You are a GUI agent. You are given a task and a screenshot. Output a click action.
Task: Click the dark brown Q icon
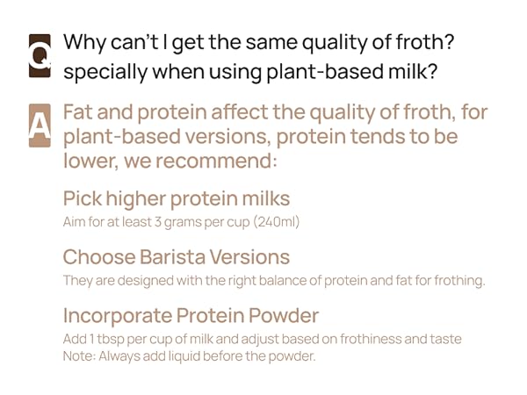[x=40, y=55]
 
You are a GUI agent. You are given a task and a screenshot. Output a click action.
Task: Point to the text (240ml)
[x=276, y=222]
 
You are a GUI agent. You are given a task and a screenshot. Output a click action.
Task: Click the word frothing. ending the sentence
[x=457, y=281]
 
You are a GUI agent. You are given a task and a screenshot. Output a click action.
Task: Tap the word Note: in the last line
[x=79, y=356]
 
